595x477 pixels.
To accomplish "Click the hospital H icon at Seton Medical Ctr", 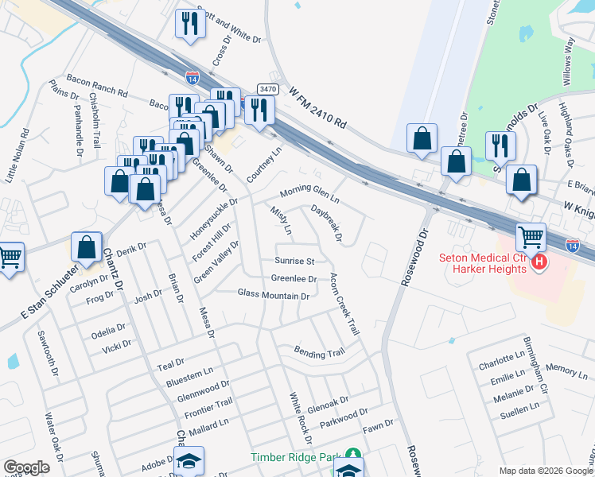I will pyautogui.click(x=540, y=262).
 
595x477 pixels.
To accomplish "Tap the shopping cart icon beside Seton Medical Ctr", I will pyautogui.click(x=531, y=236).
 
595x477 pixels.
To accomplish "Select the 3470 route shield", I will pyautogui.click(x=266, y=90).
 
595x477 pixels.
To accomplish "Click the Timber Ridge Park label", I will pyautogui.click(x=295, y=457).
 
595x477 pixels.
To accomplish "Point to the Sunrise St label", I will pyautogui.click(x=295, y=261).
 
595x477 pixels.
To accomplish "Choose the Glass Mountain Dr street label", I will pyautogui.click(x=273, y=295).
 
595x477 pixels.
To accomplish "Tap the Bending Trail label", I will pyautogui.click(x=319, y=351).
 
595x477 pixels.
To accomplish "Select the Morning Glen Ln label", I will pyautogui.click(x=309, y=193).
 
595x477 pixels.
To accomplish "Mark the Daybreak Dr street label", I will pyautogui.click(x=327, y=224).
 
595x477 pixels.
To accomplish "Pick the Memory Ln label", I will pyautogui.click(x=566, y=371).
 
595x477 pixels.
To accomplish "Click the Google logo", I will pyautogui.click(x=26, y=467).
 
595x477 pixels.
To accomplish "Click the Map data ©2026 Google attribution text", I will pyautogui.click(x=546, y=471).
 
